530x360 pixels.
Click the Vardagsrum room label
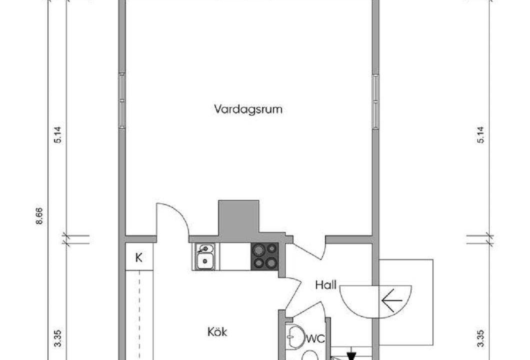coord(248,109)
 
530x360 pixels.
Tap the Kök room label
coord(217,331)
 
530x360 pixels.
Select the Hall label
coord(326,284)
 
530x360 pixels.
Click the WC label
coord(315,338)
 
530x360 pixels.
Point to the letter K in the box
coord(138,258)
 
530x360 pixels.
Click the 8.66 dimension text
coord(39,216)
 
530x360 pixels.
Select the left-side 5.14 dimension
coord(58,134)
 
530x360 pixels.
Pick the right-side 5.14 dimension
coord(480,134)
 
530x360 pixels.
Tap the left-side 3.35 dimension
coord(58,338)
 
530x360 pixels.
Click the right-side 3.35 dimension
coord(480,338)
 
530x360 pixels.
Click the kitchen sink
coord(205,256)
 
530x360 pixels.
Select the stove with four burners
coord(264,256)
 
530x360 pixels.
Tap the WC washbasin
coord(294,336)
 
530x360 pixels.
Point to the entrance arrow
coord(392,300)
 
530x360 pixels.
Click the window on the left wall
coord(121,100)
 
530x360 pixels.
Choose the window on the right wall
coord(375,101)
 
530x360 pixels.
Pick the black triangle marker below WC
coord(351,356)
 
